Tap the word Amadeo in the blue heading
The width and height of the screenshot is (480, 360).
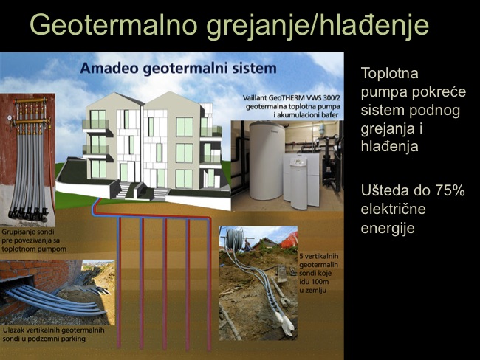pos(109,68)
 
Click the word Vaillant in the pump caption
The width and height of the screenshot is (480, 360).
pos(255,98)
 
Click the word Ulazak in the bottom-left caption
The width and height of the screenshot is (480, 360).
pos(13,330)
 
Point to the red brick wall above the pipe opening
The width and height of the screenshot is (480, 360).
pos(37,271)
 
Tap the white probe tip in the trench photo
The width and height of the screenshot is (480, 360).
pos(287,323)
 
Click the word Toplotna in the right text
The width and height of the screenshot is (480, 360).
pos(390,73)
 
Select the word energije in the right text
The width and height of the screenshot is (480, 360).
pos(388,229)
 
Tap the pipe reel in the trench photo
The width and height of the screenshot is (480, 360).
pos(235,236)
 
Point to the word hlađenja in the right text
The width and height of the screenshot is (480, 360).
pos(389,146)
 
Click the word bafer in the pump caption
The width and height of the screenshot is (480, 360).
pos(330,115)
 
